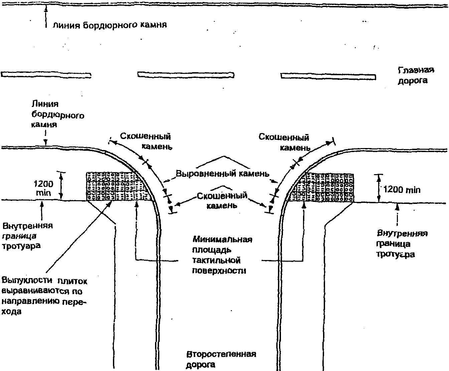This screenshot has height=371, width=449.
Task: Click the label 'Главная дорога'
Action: pyautogui.click(x=416, y=75)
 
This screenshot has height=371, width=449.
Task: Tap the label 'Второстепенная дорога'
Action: pyautogui.click(x=221, y=359)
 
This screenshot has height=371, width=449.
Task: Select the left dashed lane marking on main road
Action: pyautogui.click(x=46, y=75)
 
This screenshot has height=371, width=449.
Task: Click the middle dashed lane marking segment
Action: pyautogui.click(x=186, y=75)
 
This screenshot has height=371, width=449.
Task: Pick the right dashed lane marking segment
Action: pyautogui.click(x=328, y=76)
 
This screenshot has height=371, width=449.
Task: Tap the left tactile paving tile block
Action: pyautogui.click(x=119, y=186)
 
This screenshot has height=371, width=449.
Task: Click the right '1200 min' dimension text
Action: pyautogui.click(x=402, y=190)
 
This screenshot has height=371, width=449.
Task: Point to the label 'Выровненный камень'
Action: pyautogui.click(x=222, y=174)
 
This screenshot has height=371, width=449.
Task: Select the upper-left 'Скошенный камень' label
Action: pyautogui.click(x=146, y=141)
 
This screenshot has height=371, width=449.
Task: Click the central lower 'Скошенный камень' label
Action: pyautogui.click(x=222, y=200)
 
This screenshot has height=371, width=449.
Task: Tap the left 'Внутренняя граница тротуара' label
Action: pyautogui.click(x=28, y=236)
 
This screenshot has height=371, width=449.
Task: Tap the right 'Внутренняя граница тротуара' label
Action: pyautogui.click(x=402, y=243)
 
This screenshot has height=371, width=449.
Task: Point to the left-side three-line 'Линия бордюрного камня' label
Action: pyautogui.click(x=57, y=115)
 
